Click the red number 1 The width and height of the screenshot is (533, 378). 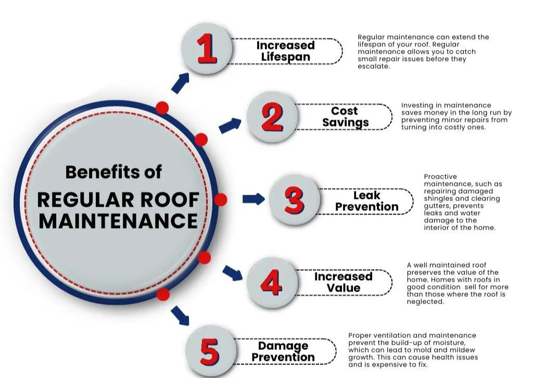click(207, 50)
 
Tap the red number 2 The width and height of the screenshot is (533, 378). click(272, 118)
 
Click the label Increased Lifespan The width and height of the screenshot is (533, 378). click(285, 51)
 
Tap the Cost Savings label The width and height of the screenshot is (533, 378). click(345, 117)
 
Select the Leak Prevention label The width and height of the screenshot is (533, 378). click(366, 201)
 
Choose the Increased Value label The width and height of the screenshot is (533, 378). click(343, 282)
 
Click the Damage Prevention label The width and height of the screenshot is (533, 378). click(283, 351)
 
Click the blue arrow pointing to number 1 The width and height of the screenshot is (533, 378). click(180, 82)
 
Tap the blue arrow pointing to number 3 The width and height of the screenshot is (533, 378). click(253, 199)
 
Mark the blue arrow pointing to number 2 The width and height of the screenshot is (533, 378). click(230, 125)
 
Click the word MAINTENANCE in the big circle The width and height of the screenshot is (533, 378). click(118, 220)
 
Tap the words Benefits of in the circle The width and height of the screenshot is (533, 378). click(113, 172)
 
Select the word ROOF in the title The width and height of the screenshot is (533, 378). click(171, 199)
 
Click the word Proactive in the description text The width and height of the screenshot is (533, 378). click(440, 177)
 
